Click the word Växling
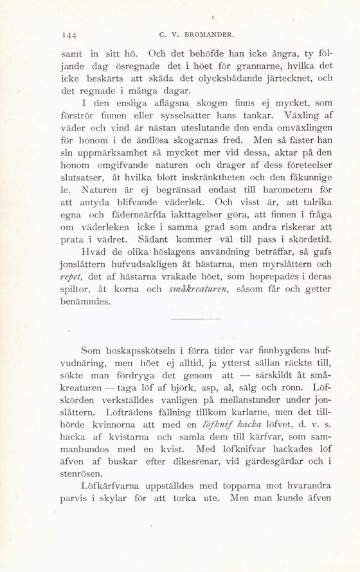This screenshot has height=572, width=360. [292, 117]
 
